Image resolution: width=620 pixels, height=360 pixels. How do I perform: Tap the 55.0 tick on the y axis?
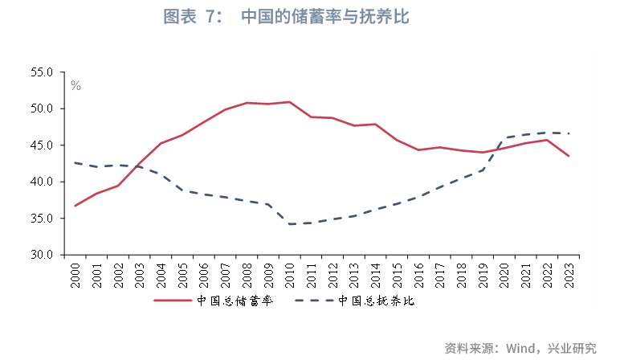[x=42, y=72]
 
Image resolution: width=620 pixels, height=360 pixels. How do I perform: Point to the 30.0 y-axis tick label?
[x=42, y=255]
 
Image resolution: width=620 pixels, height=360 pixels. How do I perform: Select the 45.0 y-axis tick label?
[x=42, y=145]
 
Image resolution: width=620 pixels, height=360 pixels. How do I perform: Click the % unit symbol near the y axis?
[x=75, y=84]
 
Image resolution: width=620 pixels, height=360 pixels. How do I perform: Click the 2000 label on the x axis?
[x=75, y=273]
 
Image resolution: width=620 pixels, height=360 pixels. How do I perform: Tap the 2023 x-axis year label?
[x=569, y=273]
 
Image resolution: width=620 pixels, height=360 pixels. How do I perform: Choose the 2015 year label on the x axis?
[x=397, y=273]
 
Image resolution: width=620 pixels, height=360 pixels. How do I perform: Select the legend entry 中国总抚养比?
[x=378, y=301]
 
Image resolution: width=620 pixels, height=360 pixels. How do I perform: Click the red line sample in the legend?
[x=173, y=301]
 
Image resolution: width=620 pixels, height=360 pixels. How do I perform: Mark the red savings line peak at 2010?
[x=289, y=102]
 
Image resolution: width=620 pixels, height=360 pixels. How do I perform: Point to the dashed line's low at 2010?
[x=289, y=224]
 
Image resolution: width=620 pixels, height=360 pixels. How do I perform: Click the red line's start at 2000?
[x=75, y=206]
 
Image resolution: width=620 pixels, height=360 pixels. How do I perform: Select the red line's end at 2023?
[x=569, y=156]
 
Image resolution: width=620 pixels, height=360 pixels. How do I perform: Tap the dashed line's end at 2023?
[x=569, y=133]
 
